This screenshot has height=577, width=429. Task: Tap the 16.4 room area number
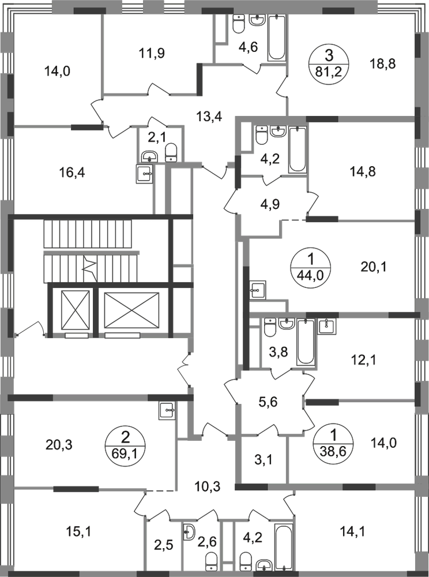coord(73,173)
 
